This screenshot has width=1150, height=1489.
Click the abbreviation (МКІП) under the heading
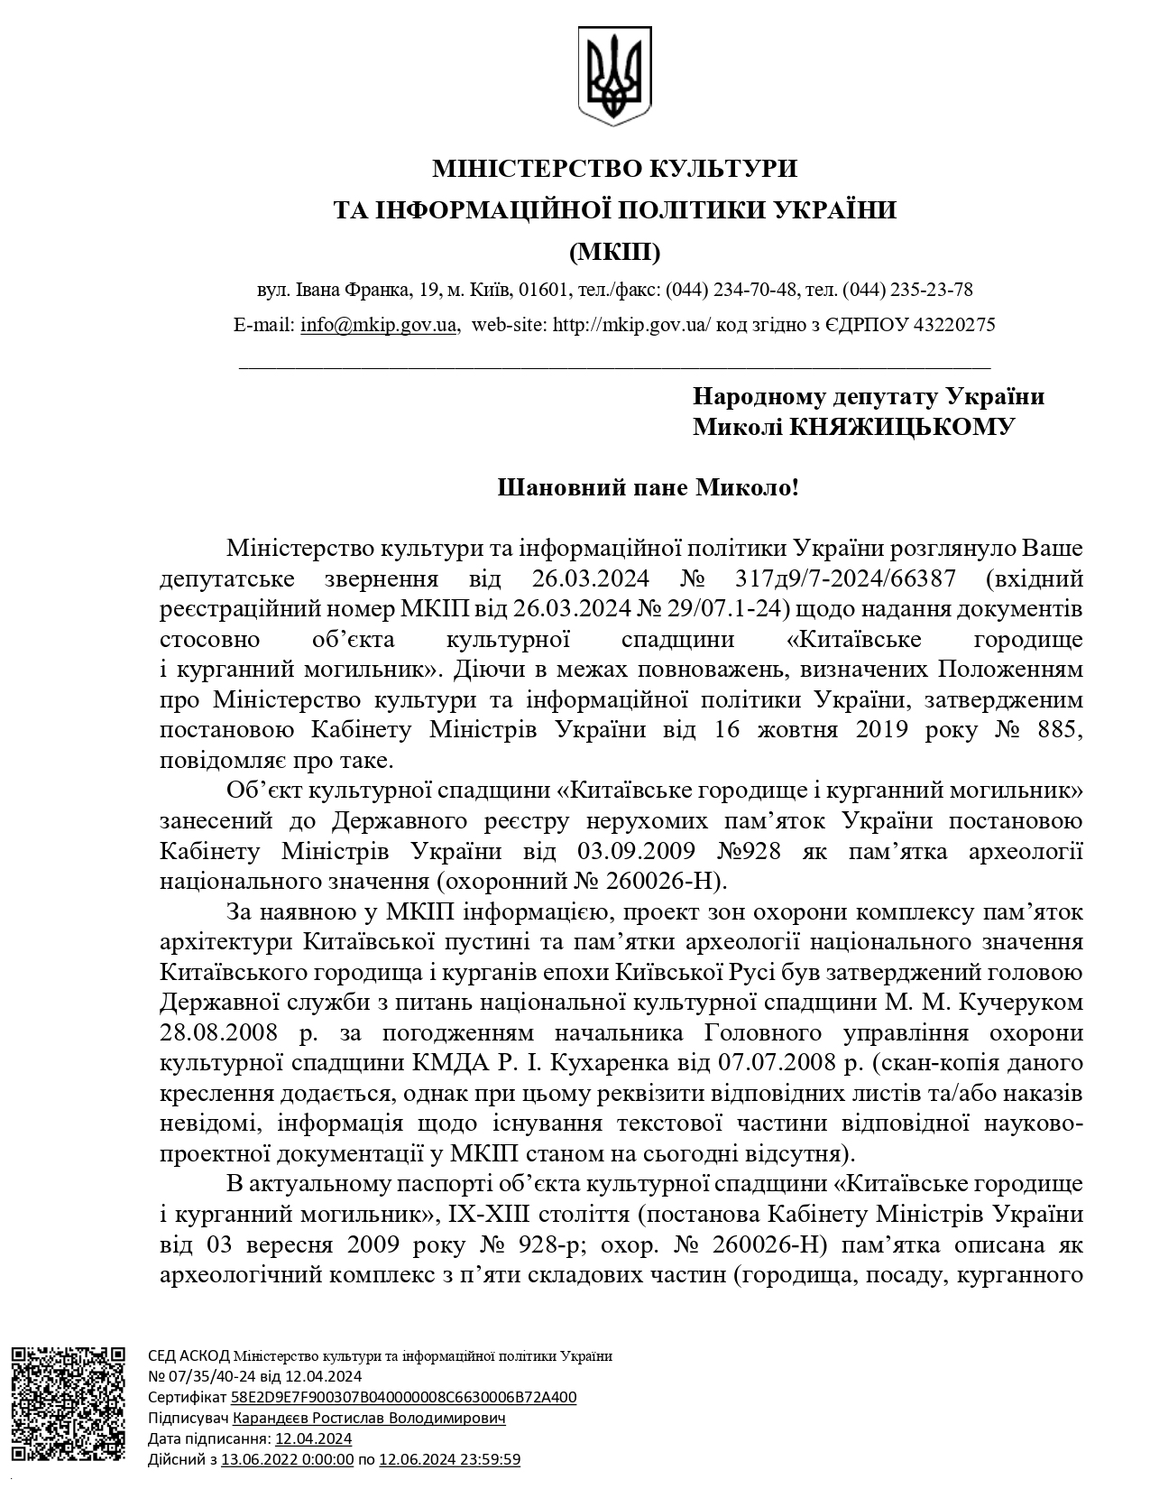[615, 251]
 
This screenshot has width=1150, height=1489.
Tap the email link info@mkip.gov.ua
[379, 325]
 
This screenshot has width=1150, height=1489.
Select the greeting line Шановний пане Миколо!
[649, 488]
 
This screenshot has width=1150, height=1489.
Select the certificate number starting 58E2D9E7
[403, 1397]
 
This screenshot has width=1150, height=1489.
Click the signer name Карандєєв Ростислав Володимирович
[368, 1418]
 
